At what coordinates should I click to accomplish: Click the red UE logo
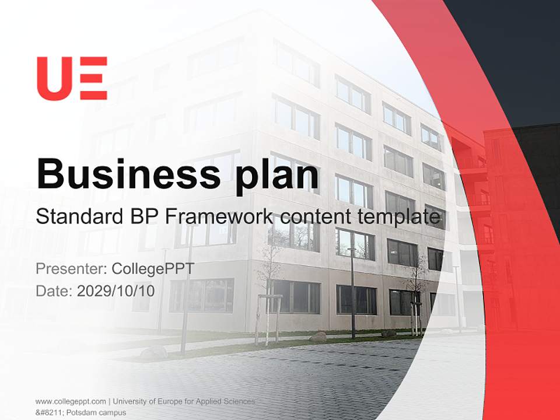click(72, 78)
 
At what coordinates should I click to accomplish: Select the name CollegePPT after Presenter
click(152, 269)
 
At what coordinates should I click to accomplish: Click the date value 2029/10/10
click(116, 290)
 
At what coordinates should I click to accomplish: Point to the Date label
click(54, 290)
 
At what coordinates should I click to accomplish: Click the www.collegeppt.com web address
click(71, 401)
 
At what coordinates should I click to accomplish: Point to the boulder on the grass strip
click(318, 337)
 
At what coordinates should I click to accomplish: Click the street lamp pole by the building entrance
click(352, 292)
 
